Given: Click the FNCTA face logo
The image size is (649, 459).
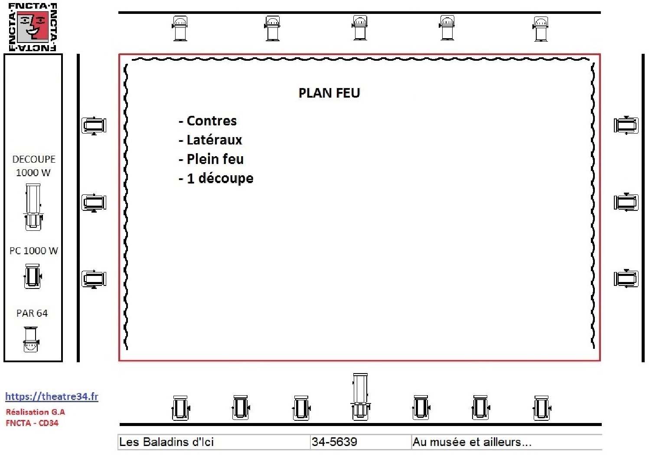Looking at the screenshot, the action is click(x=33, y=26).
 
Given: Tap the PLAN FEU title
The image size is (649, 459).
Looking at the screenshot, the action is click(x=329, y=93).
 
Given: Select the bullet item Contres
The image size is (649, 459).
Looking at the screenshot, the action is click(x=208, y=121).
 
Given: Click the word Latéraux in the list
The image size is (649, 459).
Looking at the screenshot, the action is click(x=210, y=140).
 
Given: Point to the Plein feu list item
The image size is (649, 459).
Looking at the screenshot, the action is click(x=211, y=159).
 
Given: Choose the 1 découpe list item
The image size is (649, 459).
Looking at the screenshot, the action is click(x=216, y=178).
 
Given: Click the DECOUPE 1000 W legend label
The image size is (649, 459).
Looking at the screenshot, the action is click(x=34, y=166).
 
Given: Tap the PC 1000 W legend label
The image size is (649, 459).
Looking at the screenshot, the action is click(x=34, y=251).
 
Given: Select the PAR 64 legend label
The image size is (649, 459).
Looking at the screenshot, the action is click(x=32, y=313).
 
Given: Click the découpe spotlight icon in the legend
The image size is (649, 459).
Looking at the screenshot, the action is click(x=33, y=207).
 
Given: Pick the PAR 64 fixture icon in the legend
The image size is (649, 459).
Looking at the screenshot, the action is click(x=31, y=339).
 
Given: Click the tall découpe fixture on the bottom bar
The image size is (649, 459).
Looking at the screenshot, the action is click(x=360, y=397).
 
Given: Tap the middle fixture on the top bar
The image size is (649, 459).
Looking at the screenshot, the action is click(x=360, y=28).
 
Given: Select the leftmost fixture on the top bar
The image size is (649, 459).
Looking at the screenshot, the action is click(x=180, y=28).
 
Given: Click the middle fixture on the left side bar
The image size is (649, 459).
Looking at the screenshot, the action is click(x=94, y=203).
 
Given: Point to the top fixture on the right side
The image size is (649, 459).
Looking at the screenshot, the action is click(x=626, y=125).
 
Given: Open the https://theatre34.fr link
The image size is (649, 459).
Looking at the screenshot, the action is click(x=52, y=397).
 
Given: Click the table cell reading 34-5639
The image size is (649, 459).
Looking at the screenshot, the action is click(x=360, y=442).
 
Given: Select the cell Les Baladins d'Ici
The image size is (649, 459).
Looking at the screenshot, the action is click(x=214, y=442).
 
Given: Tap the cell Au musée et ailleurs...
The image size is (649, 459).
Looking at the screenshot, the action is click(x=506, y=442).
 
